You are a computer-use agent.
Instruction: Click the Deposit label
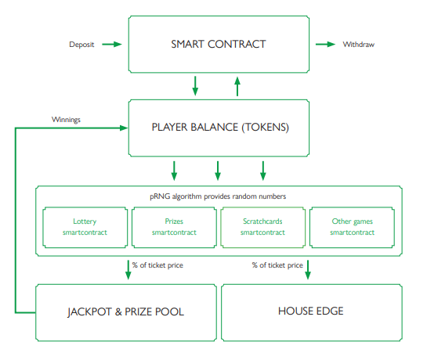[81, 45]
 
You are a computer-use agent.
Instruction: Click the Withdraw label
[358, 45]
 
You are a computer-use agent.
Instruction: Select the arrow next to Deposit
[112, 45]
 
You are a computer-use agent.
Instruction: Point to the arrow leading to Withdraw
[325, 45]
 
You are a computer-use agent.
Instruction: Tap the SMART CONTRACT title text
[219, 44]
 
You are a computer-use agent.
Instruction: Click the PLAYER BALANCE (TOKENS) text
[220, 128]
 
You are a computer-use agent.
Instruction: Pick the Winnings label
[66, 120]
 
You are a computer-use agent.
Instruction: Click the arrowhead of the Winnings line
[124, 128]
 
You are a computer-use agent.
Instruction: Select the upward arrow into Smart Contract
[237, 87]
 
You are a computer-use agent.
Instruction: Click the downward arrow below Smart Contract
[195, 86]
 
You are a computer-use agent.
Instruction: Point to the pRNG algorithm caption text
[218, 196]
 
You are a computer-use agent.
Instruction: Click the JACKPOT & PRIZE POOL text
[126, 311]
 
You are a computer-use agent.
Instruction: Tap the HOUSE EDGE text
[311, 311]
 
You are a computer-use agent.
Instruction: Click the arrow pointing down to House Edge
[308, 270]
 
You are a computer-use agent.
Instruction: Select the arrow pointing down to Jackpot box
[128, 270]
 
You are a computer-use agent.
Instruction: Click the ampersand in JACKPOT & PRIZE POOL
[118, 311]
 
